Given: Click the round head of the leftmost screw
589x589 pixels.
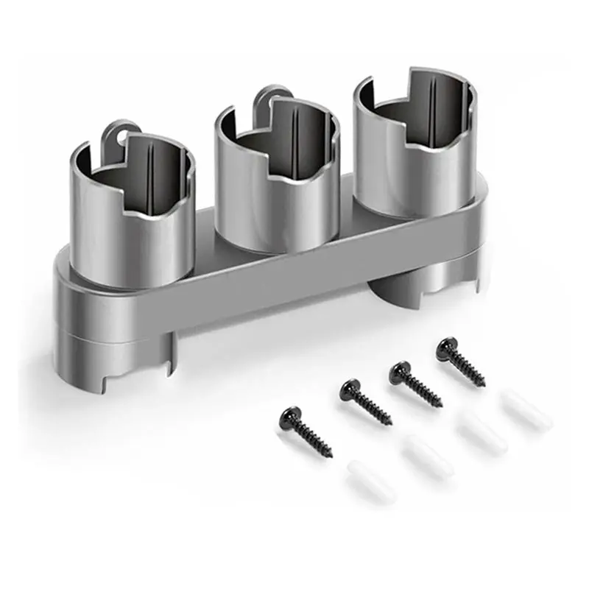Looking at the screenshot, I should coord(289,417).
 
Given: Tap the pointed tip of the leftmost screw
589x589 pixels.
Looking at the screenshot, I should coord(329,452).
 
